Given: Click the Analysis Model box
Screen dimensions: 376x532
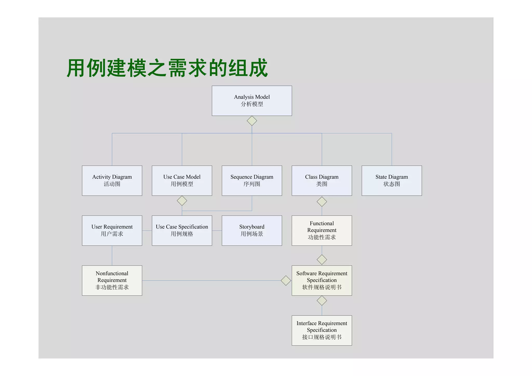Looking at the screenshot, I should [252, 101].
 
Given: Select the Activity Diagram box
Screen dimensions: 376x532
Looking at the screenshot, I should [112, 180].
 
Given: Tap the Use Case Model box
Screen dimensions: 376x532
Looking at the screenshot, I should [182, 180].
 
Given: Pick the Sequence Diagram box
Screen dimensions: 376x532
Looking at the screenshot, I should [252, 180].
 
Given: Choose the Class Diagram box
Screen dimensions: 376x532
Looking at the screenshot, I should [322, 180].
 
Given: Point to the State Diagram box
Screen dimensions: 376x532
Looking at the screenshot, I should [391, 180].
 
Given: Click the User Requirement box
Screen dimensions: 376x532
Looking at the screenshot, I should [112, 230].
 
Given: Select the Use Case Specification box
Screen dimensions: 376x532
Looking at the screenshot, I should [182, 230].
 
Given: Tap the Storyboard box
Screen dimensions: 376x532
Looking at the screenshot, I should [252, 230].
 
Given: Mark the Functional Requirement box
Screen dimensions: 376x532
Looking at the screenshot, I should [322, 230].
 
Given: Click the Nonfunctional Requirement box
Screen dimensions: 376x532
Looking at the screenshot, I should [112, 280].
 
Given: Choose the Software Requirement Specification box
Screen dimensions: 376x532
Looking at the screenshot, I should [322, 280].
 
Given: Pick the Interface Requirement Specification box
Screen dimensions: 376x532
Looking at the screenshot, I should [322, 330].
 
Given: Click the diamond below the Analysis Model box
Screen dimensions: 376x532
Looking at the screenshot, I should [252, 121].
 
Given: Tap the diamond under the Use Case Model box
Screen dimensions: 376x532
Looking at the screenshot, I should [182, 201].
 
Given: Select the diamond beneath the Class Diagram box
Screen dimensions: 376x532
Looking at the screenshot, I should [322, 202].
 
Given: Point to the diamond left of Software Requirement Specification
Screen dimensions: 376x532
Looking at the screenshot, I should [286, 280].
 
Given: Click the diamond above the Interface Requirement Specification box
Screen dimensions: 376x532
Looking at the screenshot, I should [322, 301].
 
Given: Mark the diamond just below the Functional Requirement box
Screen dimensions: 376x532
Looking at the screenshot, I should [322, 259].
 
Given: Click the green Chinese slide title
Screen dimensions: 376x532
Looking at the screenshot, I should [167, 68].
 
